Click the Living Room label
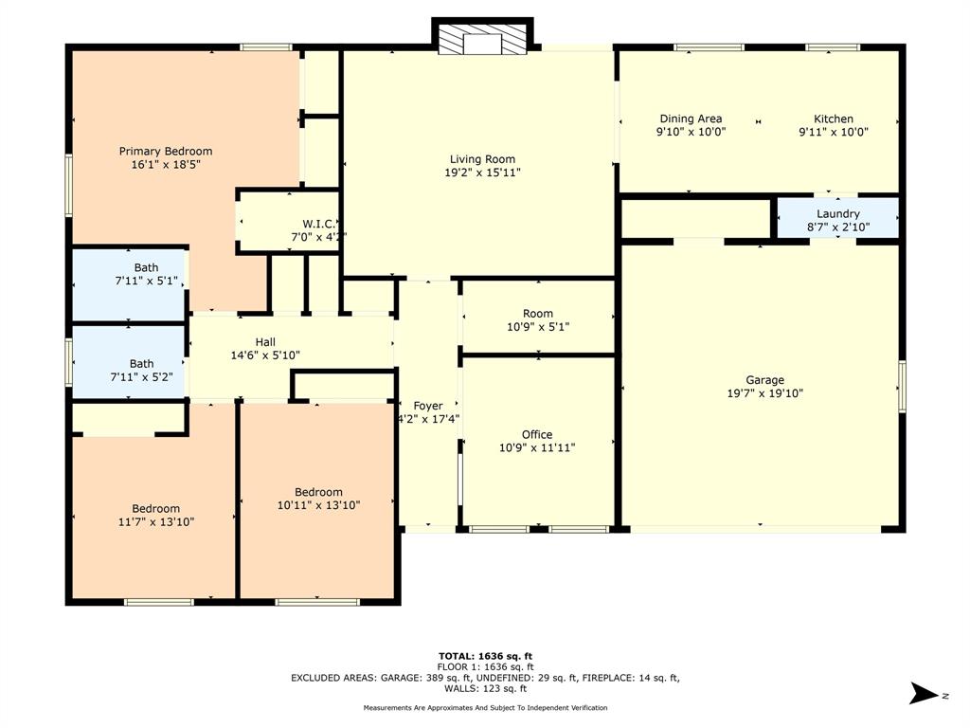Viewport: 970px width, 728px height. tap(482, 159)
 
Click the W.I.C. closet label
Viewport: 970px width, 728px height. tap(292, 225)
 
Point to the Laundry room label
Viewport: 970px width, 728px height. tap(837, 214)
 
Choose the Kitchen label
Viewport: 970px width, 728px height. tap(834, 118)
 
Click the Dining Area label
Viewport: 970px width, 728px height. tap(691, 118)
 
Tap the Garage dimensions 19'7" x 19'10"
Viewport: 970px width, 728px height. tap(763, 393)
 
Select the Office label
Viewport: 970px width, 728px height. tap(537, 435)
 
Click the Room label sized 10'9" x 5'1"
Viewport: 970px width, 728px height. tap(537, 314)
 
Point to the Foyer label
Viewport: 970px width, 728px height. tap(428, 406)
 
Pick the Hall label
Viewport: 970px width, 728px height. tap(265, 342)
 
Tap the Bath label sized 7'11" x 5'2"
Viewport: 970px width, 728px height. tap(141, 363)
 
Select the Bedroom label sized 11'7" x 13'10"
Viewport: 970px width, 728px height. tap(155, 508)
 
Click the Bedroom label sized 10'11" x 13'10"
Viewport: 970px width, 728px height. tap(318, 492)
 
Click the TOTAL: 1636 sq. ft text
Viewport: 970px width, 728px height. tap(485, 656)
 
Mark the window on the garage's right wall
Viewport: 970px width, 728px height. tap(902, 386)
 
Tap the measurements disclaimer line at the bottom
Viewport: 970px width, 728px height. tap(485, 708)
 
